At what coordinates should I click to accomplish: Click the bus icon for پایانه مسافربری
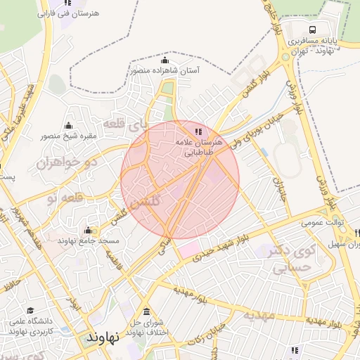[x=311, y=30]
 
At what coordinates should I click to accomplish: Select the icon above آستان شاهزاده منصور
[x=165, y=60]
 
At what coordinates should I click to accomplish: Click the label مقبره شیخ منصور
[x=68, y=136]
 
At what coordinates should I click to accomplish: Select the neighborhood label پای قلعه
[x=127, y=124]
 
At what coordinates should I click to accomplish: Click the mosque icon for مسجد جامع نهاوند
[x=88, y=230]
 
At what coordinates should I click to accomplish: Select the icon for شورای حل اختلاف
[x=146, y=311]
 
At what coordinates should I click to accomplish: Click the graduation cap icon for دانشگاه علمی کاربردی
[x=30, y=310]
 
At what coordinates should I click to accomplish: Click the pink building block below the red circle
[x=188, y=249]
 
